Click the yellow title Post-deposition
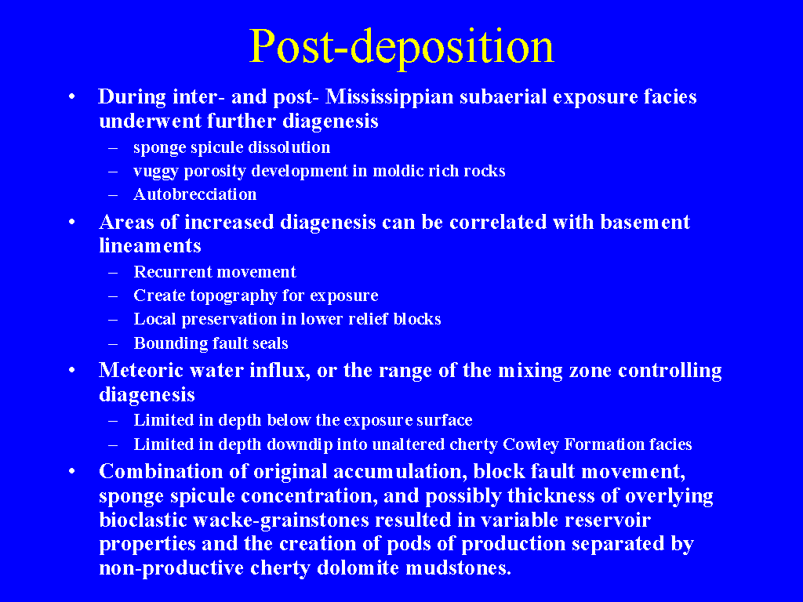(401, 48)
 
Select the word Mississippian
(389, 96)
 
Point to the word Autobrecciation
(195, 194)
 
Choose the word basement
(645, 222)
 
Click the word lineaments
(150, 245)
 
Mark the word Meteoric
(141, 370)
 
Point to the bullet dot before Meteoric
(72, 370)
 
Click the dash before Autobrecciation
(113, 195)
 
